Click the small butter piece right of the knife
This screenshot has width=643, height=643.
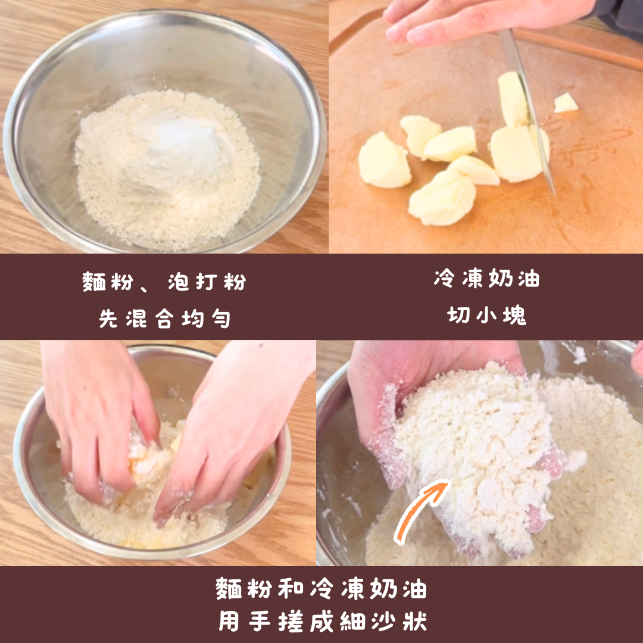click(566, 103)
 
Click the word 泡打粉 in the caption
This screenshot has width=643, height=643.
click(207, 282)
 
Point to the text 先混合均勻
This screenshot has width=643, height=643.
click(164, 319)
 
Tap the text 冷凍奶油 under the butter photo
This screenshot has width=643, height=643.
click(487, 279)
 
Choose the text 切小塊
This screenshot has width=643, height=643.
click(487, 316)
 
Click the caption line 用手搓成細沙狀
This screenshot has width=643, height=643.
click(322, 621)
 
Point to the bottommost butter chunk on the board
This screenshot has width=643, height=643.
click(442, 198)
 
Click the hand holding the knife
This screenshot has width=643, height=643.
click(484, 18)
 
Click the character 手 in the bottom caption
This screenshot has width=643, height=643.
click(259, 621)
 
